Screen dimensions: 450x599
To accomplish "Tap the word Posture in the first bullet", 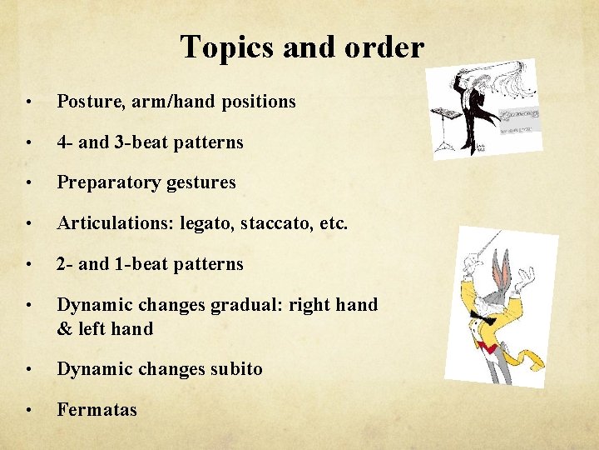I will [85, 102].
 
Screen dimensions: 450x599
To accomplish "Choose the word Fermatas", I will [97, 410].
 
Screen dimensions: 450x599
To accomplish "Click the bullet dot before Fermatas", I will [30, 410].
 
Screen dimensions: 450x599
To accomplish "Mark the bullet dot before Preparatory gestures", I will [30, 182].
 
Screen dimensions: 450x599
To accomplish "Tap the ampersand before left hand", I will [64, 329].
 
